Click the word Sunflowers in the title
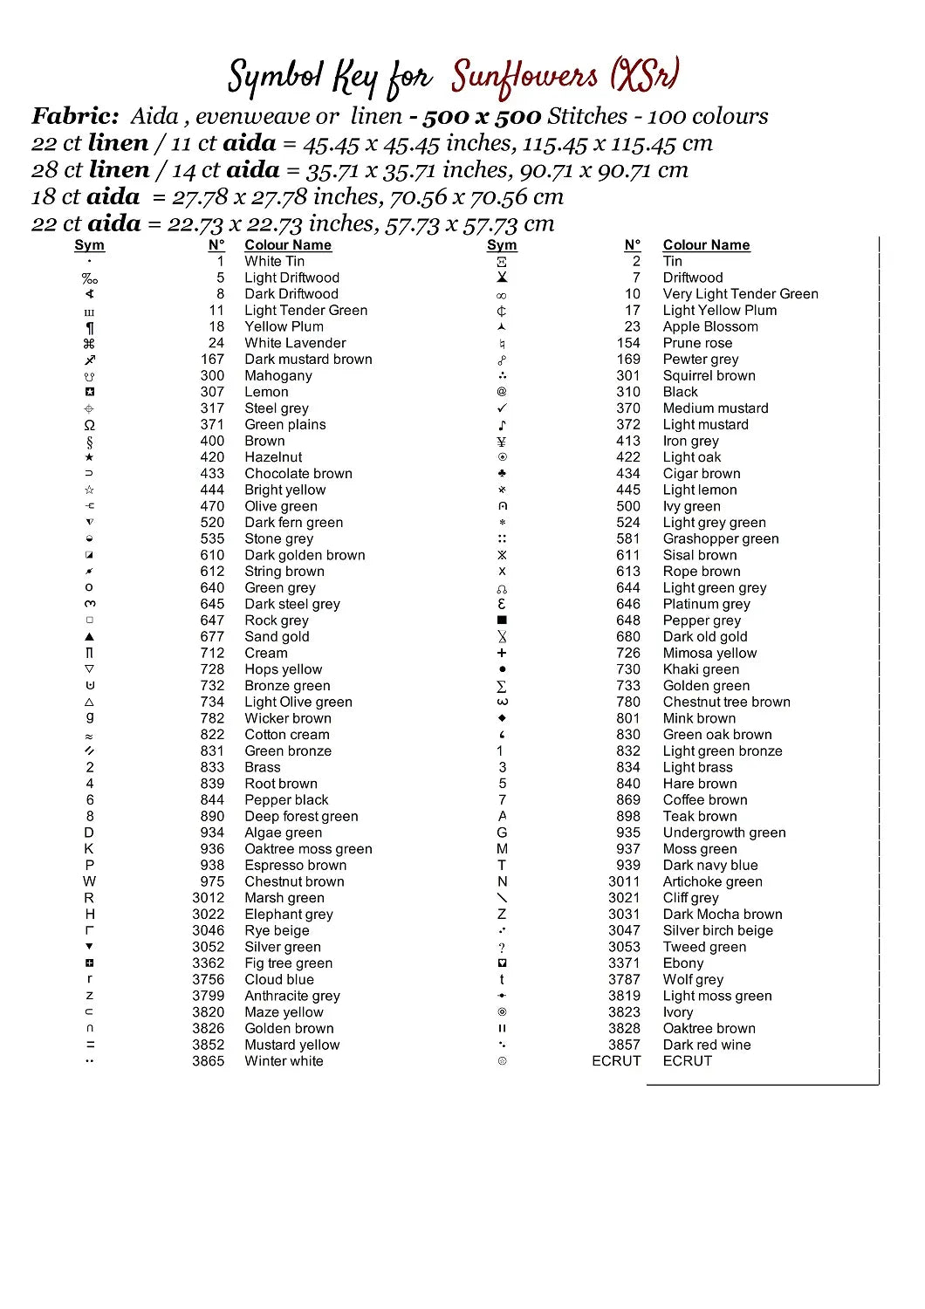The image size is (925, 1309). (x=524, y=78)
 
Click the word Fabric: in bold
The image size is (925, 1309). (x=75, y=116)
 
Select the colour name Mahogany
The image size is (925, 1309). (x=277, y=375)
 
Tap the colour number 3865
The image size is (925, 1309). (x=208, y=1061)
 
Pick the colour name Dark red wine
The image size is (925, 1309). (x=706, y=1045)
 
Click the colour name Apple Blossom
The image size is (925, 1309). (x=709, y=326)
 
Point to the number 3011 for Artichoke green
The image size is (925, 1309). (x=624, y=881)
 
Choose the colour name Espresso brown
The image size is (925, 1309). (x=295, y=865)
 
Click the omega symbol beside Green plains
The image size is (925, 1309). (x=89, y=425)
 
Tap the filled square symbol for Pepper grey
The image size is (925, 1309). (x=502, y=620)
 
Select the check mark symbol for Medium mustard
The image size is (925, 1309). (x=502, y=408)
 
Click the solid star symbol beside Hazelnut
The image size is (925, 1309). (x=89, y=457)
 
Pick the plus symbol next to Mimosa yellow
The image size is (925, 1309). (x=502, y=653)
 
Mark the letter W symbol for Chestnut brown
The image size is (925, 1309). (x=89, y=881)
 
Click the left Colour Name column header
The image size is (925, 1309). (x=287, y=245)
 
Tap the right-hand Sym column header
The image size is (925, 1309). (x=502, y=245)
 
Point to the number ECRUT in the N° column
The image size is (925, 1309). (x=616, y=1061)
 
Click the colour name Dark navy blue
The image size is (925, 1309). (x=709, y=865)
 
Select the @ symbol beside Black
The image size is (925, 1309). (x=502, y=392)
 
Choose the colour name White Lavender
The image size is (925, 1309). (x=295, y=343)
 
